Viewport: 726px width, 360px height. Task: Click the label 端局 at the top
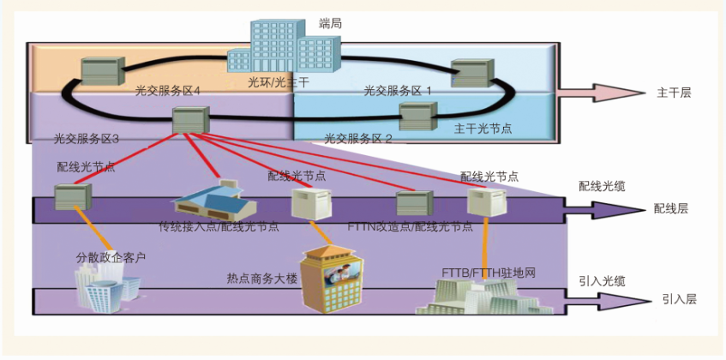(330, 25)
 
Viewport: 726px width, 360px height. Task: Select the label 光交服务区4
(167, 89)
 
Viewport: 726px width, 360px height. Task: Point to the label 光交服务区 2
(358, 138)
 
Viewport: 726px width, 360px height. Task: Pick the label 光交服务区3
(86, 138)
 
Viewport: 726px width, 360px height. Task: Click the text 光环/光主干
(278, 84)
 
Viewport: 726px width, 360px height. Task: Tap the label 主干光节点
(483, 129)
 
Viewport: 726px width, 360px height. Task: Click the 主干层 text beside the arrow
(673, 93)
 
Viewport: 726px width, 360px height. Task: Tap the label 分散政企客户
(111, 256)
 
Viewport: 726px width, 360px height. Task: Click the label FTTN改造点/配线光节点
(411, 227)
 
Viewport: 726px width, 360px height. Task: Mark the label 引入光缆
(602, 280)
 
